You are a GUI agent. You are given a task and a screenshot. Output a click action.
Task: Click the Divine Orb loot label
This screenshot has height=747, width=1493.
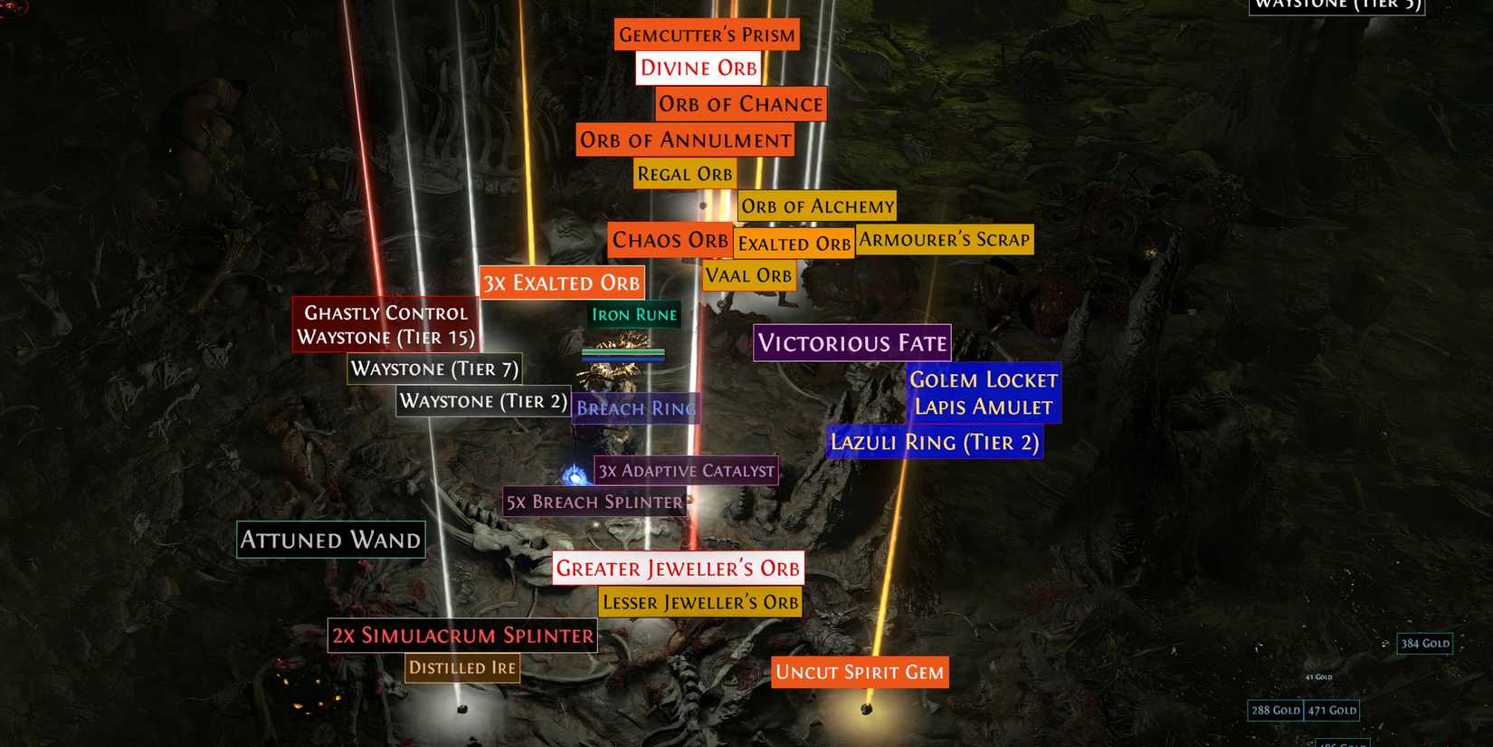tap(698, 68)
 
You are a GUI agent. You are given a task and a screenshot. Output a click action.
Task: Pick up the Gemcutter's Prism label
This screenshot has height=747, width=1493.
tap(707, 34)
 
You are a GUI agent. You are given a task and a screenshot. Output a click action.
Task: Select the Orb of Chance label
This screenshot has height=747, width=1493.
tap(740, 104)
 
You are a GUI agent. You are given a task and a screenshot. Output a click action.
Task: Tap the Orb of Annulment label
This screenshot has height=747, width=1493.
tap(685, 140)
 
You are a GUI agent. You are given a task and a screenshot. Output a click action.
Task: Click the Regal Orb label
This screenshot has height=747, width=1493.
tap(684, 174)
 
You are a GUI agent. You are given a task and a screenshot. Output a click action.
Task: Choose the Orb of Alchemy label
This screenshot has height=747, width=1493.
tap(817, 206)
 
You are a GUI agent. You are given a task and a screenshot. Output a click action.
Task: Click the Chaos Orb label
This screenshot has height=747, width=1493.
tap(670, 240)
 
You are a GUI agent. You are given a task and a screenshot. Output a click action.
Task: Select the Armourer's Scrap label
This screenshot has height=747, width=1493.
tap(944, 240)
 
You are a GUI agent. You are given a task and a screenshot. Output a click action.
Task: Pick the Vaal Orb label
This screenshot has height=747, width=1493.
tap(748, 275)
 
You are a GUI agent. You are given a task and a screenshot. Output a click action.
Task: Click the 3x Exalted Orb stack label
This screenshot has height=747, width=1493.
tap(561, 283)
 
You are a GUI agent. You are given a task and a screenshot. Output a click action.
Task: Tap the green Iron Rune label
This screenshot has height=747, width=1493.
tap(633, 315)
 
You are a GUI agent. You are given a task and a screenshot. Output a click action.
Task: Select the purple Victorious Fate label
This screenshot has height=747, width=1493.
tap(851, 343)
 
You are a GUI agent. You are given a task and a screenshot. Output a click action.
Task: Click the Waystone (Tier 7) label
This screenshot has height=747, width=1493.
tap(434, 369)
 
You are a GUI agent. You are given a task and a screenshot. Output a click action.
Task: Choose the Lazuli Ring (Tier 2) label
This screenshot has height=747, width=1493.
tap(934, 442)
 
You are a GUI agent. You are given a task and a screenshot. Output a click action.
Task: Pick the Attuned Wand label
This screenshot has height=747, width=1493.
tap(330, 540)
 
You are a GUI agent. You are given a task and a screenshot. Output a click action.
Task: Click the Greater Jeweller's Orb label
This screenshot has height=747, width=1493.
tap(678, 568)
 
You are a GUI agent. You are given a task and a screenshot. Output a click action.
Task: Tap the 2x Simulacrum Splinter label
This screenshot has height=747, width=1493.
tap(462, 636)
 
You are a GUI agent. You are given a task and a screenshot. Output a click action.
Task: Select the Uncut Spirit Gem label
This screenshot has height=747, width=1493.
tap(860, 672)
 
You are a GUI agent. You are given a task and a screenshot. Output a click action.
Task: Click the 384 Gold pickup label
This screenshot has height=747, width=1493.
tap(1424, 644)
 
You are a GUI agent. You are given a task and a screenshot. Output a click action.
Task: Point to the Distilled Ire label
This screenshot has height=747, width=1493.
tap(461, 668)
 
